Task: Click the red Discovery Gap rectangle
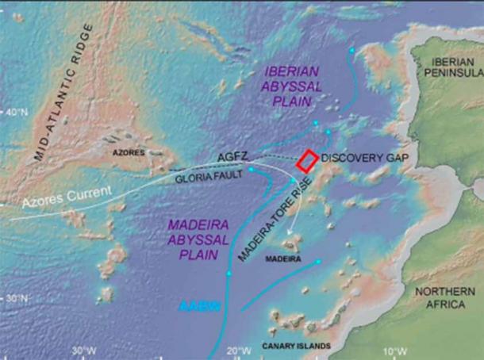[x=308, y=160]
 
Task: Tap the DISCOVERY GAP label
[x=365, y=159]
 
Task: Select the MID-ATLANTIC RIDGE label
[x=65, y=93]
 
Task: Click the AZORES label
[x=129, y=149]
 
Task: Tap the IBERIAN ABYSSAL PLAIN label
[x=289, y=86]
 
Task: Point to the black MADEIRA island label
[x=282, y=259]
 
